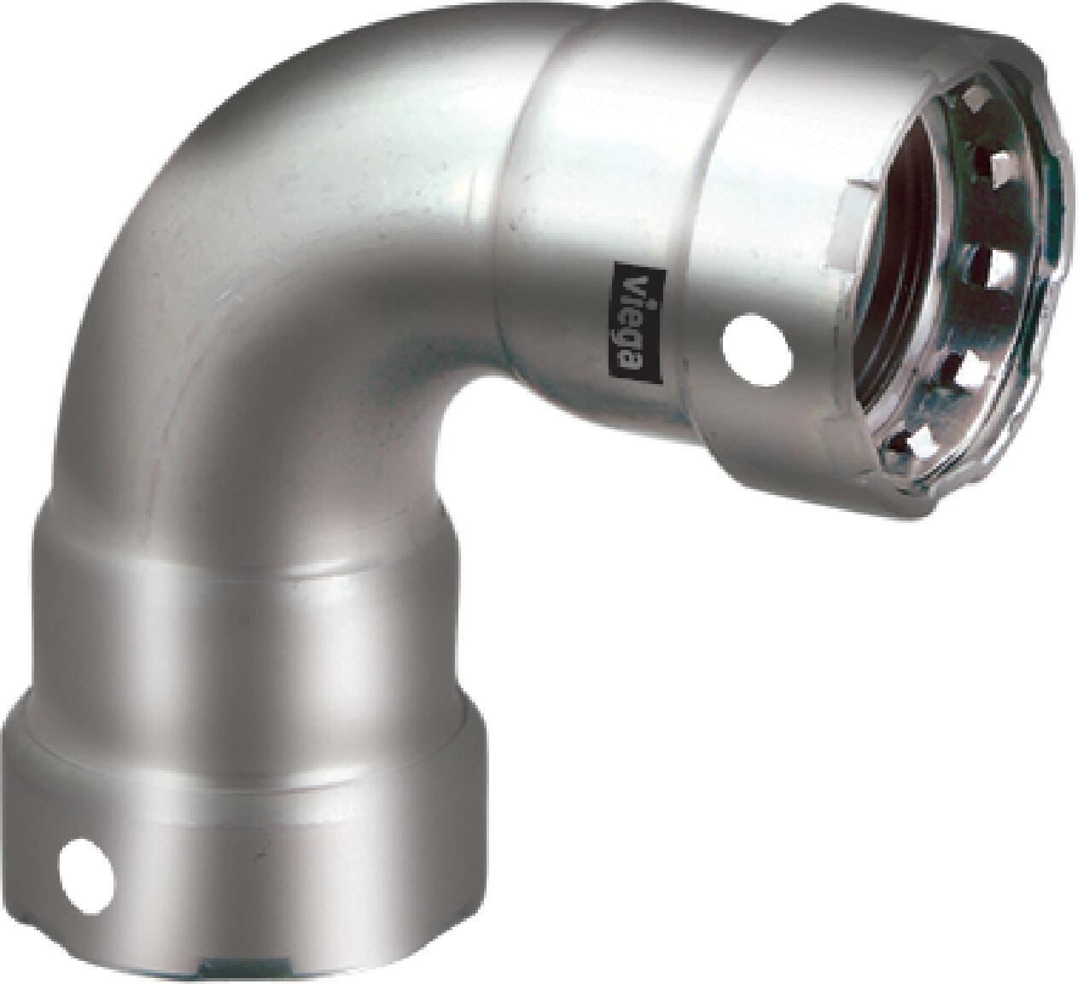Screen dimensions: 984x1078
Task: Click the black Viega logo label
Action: pos(638,321)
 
